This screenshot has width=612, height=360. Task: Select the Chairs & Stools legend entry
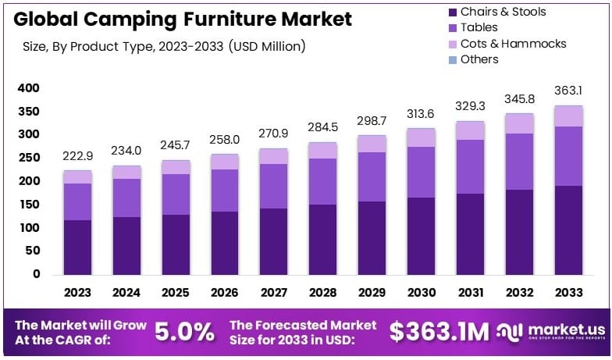pyautogui.click(x=503, y=12)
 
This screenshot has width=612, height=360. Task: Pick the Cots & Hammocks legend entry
pyautogui.click(x=513, y=44)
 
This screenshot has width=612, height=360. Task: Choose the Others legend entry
pyautogui.click(x=479, y=59)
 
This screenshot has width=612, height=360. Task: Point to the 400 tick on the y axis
pyautogui.click(x=28, y=88)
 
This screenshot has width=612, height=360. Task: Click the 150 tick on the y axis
pyautogui.click(x=28, y=205)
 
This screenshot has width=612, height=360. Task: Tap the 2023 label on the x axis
pyautogui.click(x=77, y=292)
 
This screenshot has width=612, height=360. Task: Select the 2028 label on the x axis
pyautogui.click(x=322, y=292)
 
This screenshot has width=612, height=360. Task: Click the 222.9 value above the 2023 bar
pyautogui.click(x=77, y=157)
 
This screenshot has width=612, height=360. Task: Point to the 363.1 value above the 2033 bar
pyautogui.click(x=568, y=91)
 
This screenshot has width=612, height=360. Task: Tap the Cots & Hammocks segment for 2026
pyautogui.click(x=224, y=162)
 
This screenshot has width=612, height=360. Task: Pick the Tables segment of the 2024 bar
pyautogui.click(x=126, y=198)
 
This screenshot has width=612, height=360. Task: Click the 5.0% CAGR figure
pyautogui.click(x=184, y=332)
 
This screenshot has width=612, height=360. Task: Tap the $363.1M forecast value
pyautogui.click(x=439, y=332)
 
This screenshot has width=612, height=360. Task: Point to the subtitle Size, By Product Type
pyautogui.click(x=164, y=47)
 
